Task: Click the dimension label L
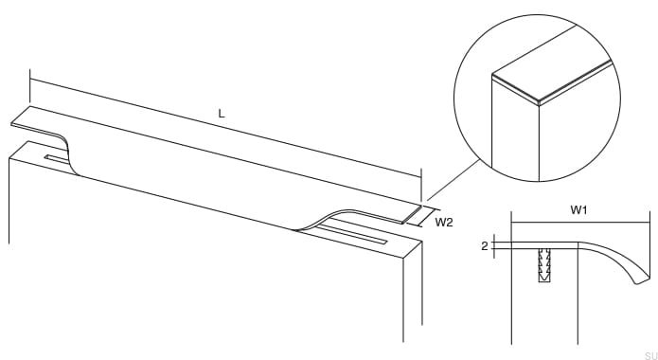222,113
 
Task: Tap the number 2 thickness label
485,246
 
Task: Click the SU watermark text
649,353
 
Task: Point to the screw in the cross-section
544,264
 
